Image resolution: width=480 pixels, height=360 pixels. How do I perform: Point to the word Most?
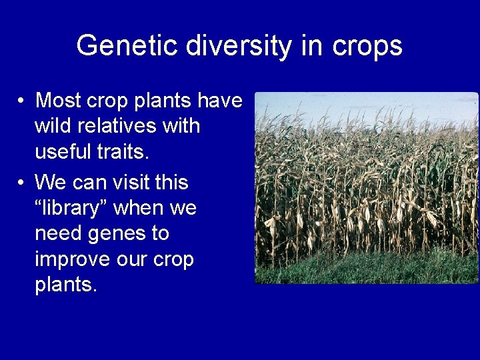coord(60,101)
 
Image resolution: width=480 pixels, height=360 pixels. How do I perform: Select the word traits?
coord(127,151)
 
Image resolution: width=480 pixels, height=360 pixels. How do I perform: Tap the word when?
coord(141,208)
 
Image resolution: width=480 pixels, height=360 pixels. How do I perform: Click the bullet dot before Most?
coord(22,101)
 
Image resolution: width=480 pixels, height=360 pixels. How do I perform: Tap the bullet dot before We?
coord(22,183)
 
